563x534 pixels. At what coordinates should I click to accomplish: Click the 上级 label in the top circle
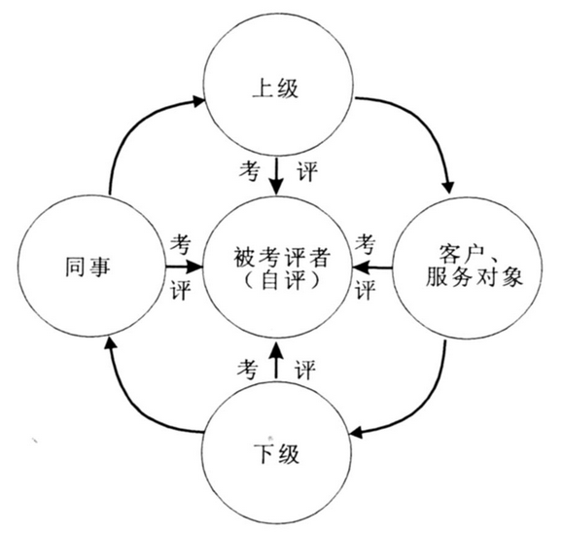275,89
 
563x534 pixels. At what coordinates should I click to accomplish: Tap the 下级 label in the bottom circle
276,453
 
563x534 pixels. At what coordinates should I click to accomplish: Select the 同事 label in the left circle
88,267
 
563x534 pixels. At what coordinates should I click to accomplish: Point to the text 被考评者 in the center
282,257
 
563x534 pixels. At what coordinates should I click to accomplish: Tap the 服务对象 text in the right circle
474,276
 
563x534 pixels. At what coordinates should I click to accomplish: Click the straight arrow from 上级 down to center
276,176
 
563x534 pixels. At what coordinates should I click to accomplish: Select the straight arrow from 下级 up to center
276,360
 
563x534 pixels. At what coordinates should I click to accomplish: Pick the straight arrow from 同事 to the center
184,267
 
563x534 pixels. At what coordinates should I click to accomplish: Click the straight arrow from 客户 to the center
372,267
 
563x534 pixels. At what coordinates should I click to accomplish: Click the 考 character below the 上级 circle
249,170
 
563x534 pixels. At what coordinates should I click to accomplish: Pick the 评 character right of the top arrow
307,171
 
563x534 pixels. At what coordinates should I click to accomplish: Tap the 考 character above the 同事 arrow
180,244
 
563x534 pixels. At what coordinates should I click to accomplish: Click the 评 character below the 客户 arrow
366,290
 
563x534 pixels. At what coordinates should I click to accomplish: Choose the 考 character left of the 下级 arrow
247,369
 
